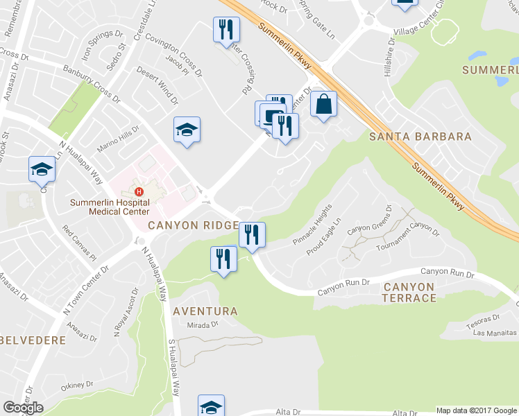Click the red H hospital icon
click(x=139, y=192)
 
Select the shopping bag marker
click(x=323, y=105)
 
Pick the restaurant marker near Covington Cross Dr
click(x=226, y=31)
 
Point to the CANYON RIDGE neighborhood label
click(x=194, y=226)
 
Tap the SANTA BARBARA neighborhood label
click(x=420, y=137)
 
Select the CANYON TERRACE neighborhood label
click(x=409, y=292)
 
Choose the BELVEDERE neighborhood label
click(x=33, y=340)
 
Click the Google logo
click(x=23, y=408)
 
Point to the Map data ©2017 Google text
click(x=477, y=410)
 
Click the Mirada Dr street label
click(x=203, y=324)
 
